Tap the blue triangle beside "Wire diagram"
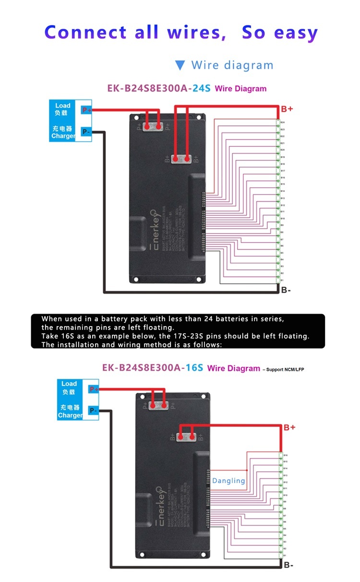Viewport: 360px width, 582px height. click(x=180, y=65)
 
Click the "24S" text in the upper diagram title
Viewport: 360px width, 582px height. click(x=201, y=89)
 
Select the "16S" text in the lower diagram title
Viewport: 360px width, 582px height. click(x=193, y=368)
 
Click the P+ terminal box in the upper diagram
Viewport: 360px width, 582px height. click(x=86, y=110)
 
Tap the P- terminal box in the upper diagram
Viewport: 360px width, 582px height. click(x=86, y=131)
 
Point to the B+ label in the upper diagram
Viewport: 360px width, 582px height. click(x=287, y=109)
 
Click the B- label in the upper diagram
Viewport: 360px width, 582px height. click(x=286, y=290)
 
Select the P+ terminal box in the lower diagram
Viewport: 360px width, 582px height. click(x=94, y=389)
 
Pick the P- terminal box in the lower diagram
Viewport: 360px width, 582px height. click(x=93, y=411)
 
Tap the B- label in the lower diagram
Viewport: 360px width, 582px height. click(x=288, y=565)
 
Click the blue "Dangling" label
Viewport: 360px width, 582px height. click(x=228, y=480)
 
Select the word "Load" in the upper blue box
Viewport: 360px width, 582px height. click(x=63, y=106)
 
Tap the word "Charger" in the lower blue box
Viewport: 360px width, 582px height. click(x=70, y=415)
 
